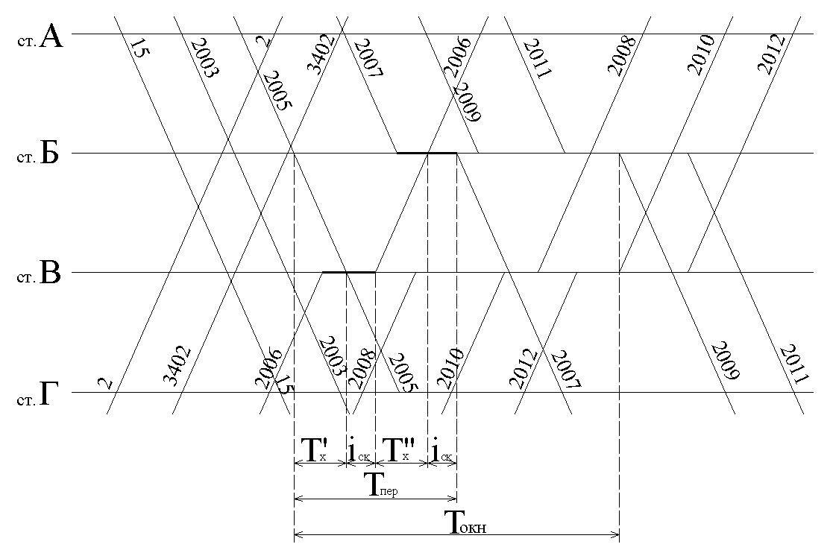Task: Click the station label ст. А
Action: click(x=40, y=38)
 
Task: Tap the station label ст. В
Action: click(x=39, y=274)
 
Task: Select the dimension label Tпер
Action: click(x=380, y=484)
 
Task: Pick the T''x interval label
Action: click(x=399, y=450)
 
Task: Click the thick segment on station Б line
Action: click(x=427, y=153)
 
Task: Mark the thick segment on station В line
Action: click(x=349, y=272)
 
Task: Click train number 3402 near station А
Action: click(x=321, y=54)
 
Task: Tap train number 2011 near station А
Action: click(x=538, y=58)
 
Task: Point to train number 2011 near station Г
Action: click(x=793, y=364)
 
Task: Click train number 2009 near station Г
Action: click(x=725, y=361)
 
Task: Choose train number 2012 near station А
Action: click(x=771, y=54)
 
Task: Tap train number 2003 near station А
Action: click(x=204, y=58)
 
